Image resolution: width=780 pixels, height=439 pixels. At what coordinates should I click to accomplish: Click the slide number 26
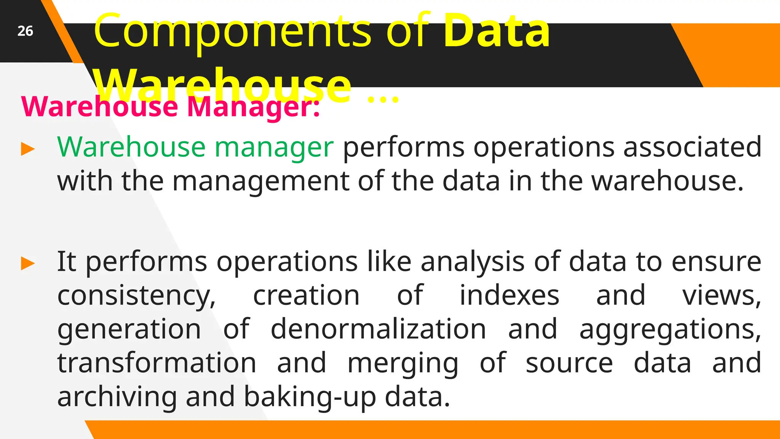(25, 31)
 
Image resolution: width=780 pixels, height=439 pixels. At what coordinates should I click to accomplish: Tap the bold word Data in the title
(497, 30)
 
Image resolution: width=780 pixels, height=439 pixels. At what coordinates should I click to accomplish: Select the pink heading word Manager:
(253, 107)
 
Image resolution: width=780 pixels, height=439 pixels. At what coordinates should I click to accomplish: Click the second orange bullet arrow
(28, 263)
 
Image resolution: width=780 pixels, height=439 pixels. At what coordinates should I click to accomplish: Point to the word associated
(692, 147)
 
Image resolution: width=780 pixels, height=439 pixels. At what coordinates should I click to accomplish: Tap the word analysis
(472, 262)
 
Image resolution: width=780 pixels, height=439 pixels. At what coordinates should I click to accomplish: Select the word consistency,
(136, 296)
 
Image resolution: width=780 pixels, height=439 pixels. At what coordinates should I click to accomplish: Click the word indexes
(509, 295)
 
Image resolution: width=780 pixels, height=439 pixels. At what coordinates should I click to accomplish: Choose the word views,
(721, 296)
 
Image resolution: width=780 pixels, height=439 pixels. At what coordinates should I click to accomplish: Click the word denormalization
(378, 329)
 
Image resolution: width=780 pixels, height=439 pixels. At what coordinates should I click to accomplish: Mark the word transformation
(157, 363)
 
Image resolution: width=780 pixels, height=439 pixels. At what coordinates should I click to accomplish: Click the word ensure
(716, 262)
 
